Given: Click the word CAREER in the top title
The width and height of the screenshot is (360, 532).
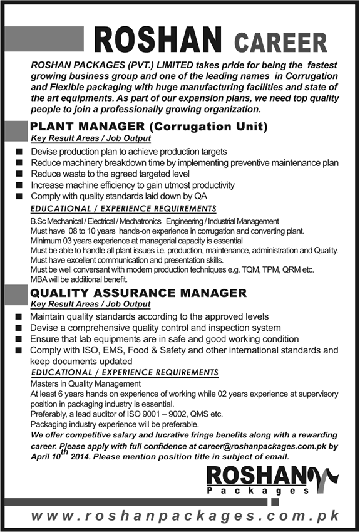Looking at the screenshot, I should point(280,43).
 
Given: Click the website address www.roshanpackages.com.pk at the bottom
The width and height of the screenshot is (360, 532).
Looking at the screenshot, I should point(185,516).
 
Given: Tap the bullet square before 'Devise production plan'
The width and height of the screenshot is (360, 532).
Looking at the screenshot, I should point(19,152).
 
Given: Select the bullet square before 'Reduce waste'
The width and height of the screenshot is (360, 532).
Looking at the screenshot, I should point(19,174).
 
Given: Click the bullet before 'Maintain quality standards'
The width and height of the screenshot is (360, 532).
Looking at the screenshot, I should point(19,317).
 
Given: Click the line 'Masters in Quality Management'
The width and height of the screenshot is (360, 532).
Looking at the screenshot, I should point(86,383).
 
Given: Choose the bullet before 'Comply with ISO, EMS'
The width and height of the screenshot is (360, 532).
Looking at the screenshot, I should point(19,350).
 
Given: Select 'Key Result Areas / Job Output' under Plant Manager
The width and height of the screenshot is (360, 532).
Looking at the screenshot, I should point(91,138).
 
